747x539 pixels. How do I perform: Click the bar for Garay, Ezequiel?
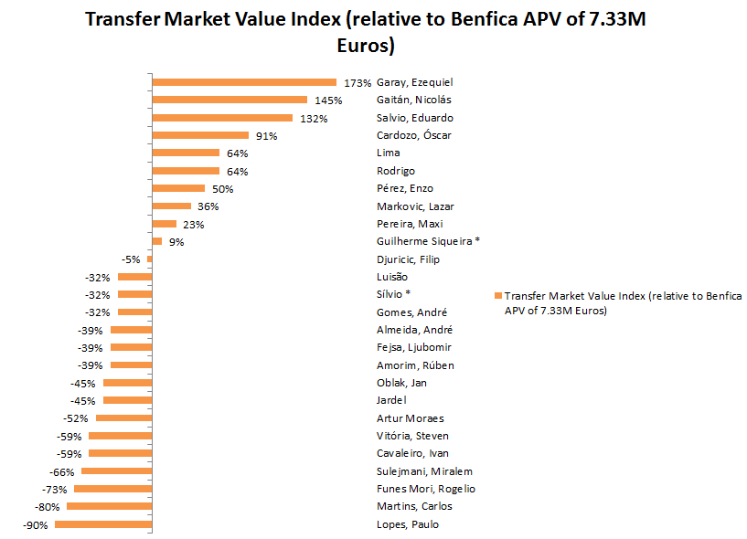[x=244, y=82]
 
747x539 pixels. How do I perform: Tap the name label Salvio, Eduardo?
[x=414, y=118]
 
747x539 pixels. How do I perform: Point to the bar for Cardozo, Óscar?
[x=200, y=135]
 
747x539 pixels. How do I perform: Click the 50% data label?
[x=222, y=189]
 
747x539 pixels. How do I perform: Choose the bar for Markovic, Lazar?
[x=171, y=206]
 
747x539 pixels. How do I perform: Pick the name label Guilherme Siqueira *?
[x=428, y=241]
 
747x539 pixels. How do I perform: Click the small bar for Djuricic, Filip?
[x=149, y=259]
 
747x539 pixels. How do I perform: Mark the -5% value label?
[x=132, y=259]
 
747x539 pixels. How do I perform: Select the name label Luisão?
[x=392, y=277]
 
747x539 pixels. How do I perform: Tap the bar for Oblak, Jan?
[x=127, y=383]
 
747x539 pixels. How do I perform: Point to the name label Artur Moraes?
[x=410, y=418]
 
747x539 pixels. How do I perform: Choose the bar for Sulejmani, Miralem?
[x=116, y=471]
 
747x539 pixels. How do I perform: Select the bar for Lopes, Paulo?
[x=102, y=524]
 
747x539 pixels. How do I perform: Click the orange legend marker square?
[x=497, y=296]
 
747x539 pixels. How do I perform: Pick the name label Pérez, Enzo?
[x=404, y=188]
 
